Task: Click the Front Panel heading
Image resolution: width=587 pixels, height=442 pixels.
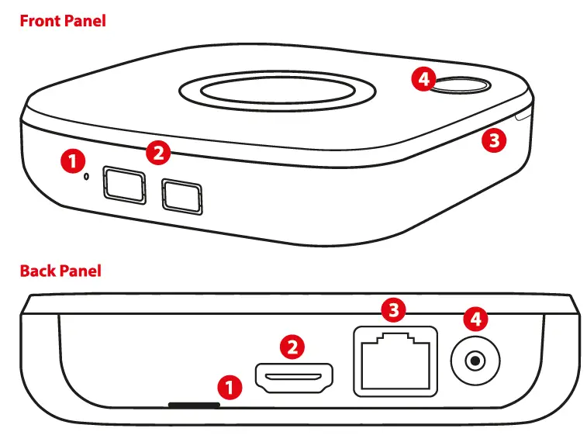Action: (x=62, y=21)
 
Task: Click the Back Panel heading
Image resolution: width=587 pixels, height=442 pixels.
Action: (x=60, y=271)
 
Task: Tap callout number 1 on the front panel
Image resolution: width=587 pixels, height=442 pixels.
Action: (x=72, y=161)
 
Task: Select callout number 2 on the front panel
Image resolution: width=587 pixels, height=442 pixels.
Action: (x=158, y=153)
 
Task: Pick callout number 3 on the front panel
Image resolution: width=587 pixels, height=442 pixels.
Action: (x=493, y=141)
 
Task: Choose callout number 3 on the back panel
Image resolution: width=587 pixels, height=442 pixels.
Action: (x=395, y=312)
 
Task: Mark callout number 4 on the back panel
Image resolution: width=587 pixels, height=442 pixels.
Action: (x=475, y=319)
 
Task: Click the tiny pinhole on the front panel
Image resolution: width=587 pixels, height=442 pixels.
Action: (x=86, y=176)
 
